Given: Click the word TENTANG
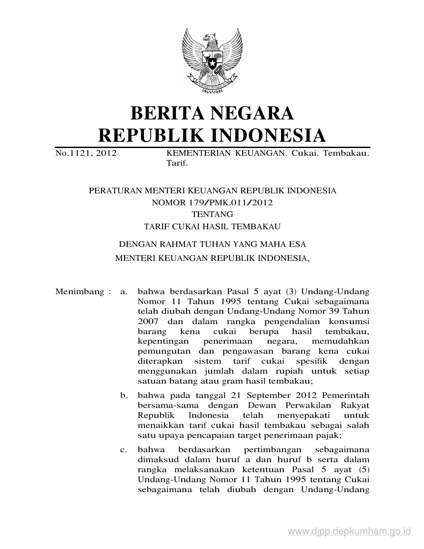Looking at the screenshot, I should point(212,214).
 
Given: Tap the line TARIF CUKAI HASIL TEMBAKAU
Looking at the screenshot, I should point(212,227).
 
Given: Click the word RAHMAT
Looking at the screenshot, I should point(172,244).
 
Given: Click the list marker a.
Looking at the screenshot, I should point(124,292).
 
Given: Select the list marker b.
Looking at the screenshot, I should point(124,396).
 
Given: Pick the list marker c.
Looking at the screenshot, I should point(124,450).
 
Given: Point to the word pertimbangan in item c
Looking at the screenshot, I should point(273,450).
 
